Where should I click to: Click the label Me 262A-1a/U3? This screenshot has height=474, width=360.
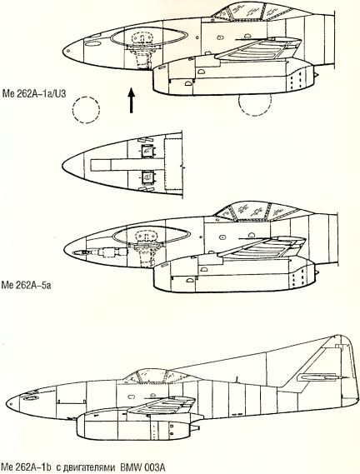click(x=34, y=93)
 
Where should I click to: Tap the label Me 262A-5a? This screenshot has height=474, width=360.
click(x=26, y=285)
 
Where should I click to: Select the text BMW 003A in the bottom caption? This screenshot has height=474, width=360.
click(x=143, y=467)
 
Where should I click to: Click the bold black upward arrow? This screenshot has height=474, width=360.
click(x=131, y=100)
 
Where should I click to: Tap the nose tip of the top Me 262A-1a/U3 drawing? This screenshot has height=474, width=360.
click(x=63, y=52)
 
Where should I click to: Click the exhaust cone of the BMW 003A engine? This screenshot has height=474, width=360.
click(x=194, y=427)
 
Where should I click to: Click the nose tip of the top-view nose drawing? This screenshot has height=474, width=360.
click(x=62, y=166)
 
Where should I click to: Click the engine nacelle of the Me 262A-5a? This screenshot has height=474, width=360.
click(x=233, y=275)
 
